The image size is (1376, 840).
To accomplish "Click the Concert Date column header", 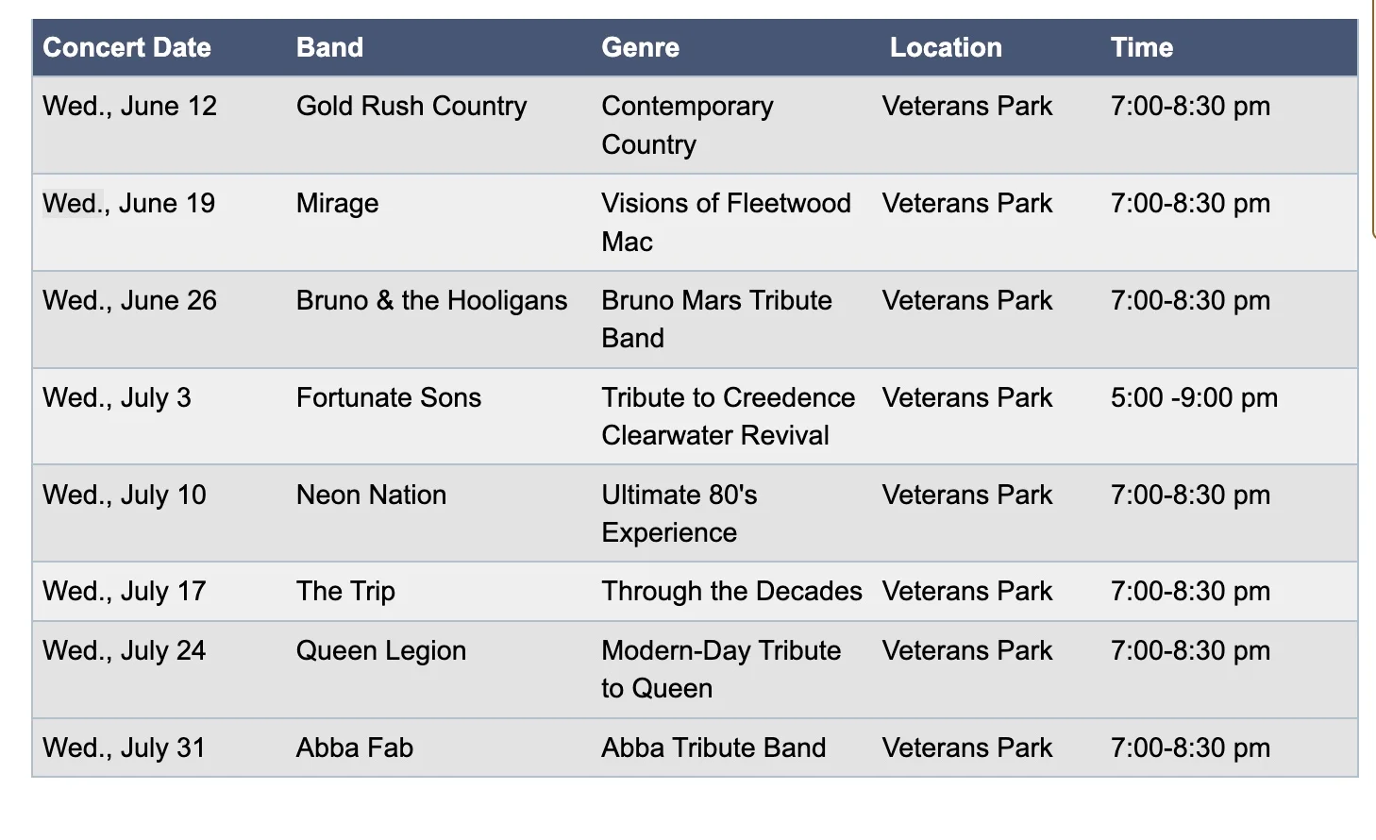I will [126, 47].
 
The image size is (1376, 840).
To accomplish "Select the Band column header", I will [329, 47].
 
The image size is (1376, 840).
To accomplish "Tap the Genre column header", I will [640, 47].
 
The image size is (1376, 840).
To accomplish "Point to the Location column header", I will [946, 47].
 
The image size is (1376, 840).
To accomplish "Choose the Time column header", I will [1141, 47].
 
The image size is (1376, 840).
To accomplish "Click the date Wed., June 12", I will [129, 106].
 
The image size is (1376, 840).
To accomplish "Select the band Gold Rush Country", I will [411, 106].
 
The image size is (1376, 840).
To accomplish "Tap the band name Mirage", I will [337, 203].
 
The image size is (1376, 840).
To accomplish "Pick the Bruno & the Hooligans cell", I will [431, 300].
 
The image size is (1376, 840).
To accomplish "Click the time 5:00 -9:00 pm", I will [1194, 397].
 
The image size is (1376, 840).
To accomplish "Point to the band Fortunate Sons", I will [388, 397].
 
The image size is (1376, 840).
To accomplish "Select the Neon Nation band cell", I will [371, 495].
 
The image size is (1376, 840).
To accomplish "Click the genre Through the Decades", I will [731, 591].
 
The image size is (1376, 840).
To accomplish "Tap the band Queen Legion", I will [380, 650].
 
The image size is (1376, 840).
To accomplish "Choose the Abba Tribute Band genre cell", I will [713, 748].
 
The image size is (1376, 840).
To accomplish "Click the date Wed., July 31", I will [124, 748].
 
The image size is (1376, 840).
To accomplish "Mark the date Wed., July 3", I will [117, 397].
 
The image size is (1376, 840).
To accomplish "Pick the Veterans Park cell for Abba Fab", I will [966, 748].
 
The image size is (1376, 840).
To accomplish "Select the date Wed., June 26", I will [129, 300].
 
